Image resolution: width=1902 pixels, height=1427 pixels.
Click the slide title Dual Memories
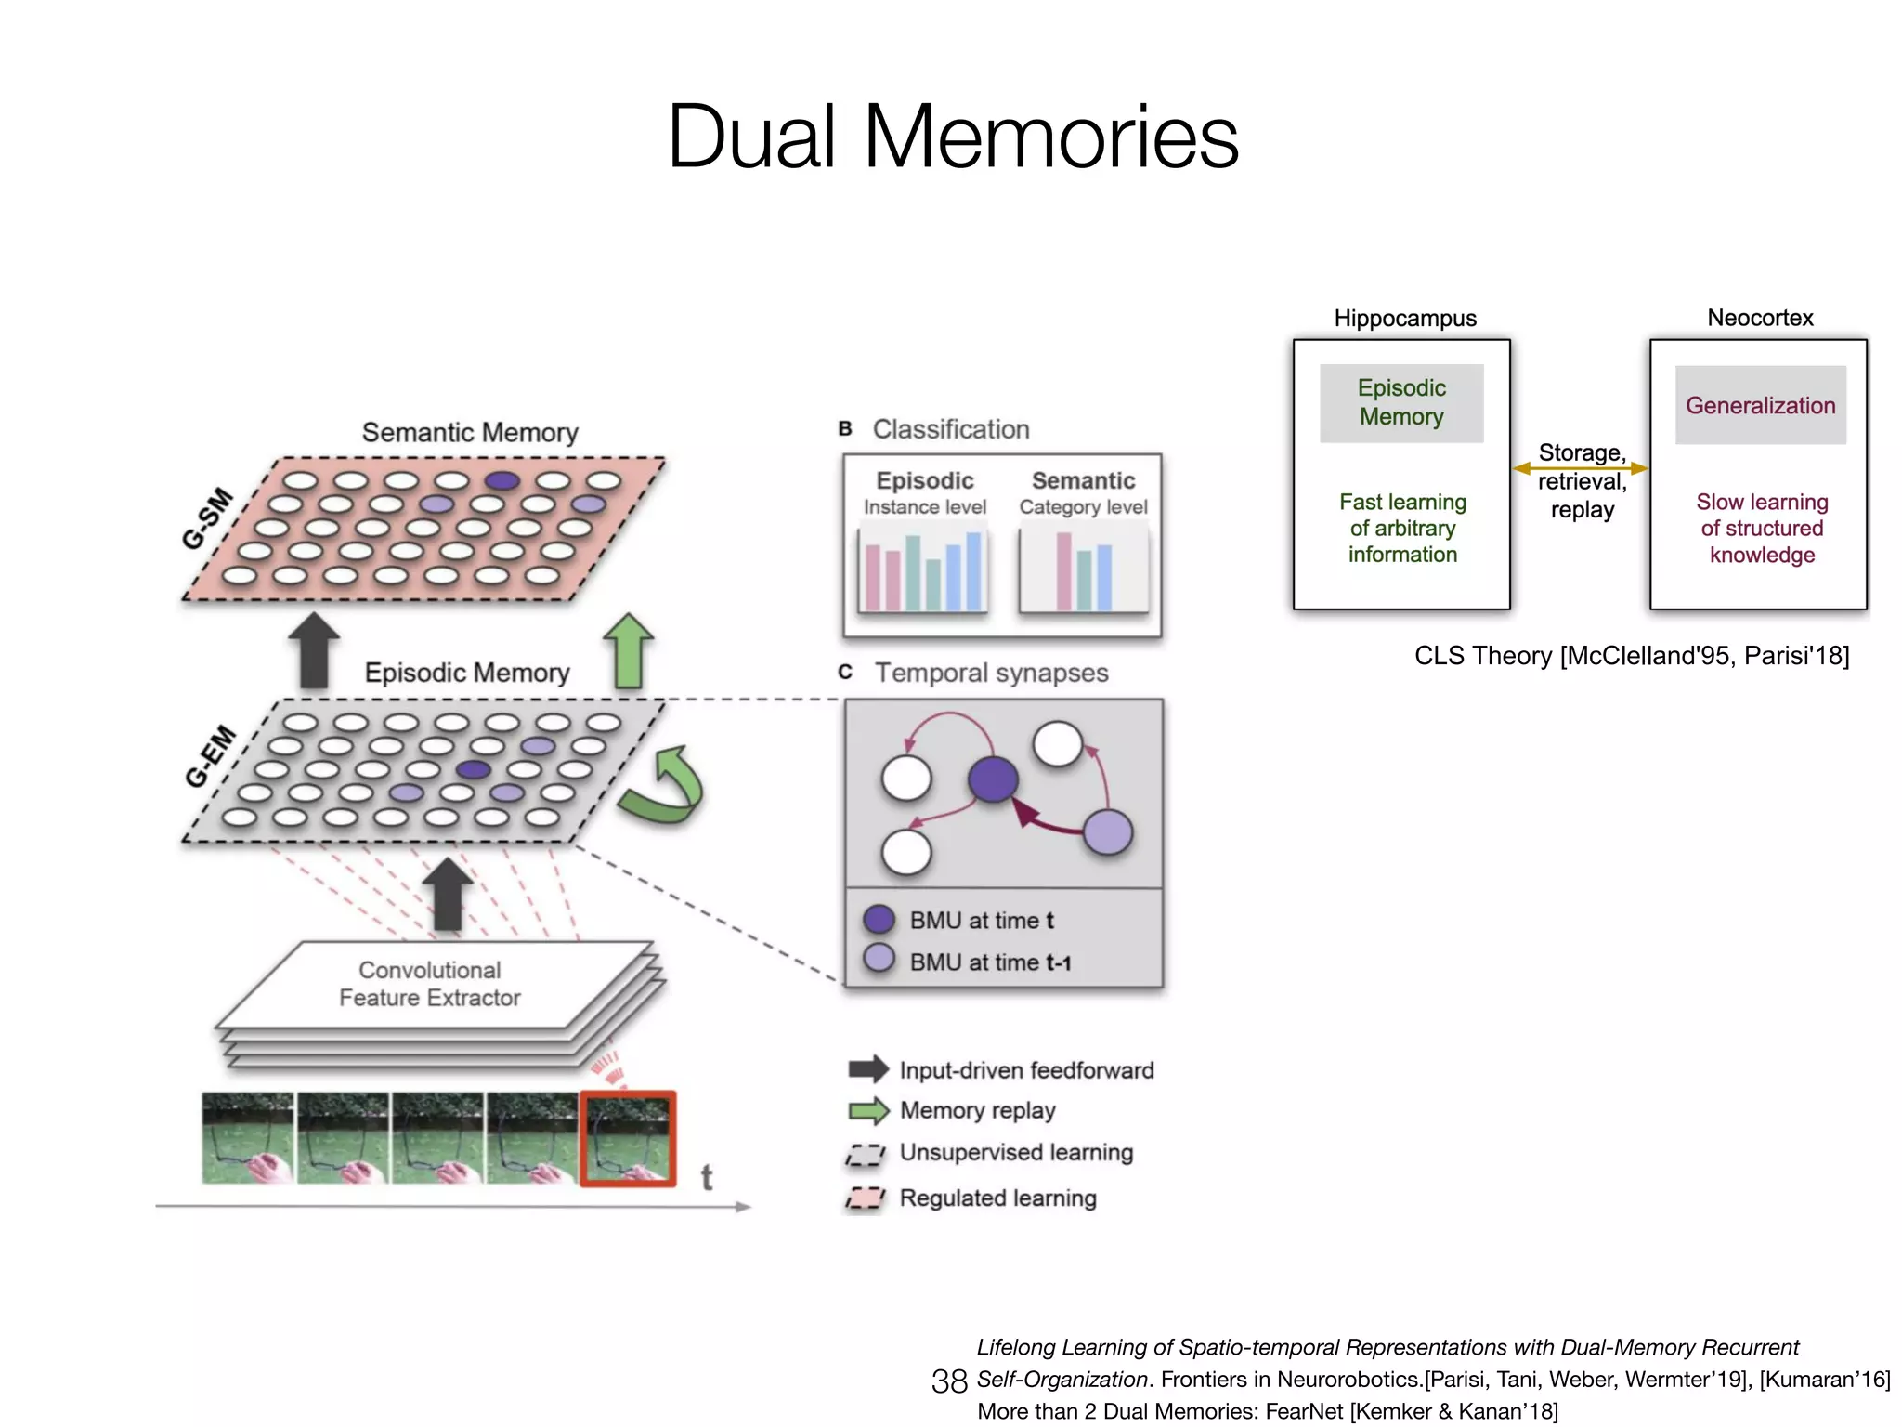953,137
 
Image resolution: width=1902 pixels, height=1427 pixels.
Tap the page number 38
948,1381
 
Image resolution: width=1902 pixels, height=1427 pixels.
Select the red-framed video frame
628,1139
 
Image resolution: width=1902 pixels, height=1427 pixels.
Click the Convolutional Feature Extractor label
429,984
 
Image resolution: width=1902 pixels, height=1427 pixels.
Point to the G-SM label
206,517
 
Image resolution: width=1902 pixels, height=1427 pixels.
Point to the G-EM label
210,757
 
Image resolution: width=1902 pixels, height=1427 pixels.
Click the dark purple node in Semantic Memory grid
502,480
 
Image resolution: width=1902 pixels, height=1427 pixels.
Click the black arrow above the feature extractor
448,894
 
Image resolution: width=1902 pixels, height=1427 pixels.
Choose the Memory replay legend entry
977,1110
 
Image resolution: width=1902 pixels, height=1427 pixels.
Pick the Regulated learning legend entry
997,1198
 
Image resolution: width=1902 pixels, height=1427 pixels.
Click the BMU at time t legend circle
879,920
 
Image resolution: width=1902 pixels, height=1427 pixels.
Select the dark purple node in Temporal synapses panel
993,779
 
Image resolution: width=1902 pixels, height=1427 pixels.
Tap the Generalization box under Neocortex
1760,405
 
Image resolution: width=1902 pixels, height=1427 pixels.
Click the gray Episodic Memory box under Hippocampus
1400,402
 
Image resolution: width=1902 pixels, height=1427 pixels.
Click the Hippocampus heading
1404,318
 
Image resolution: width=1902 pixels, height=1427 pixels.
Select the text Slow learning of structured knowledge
1762,528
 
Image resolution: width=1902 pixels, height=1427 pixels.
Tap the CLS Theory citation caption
1631,656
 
